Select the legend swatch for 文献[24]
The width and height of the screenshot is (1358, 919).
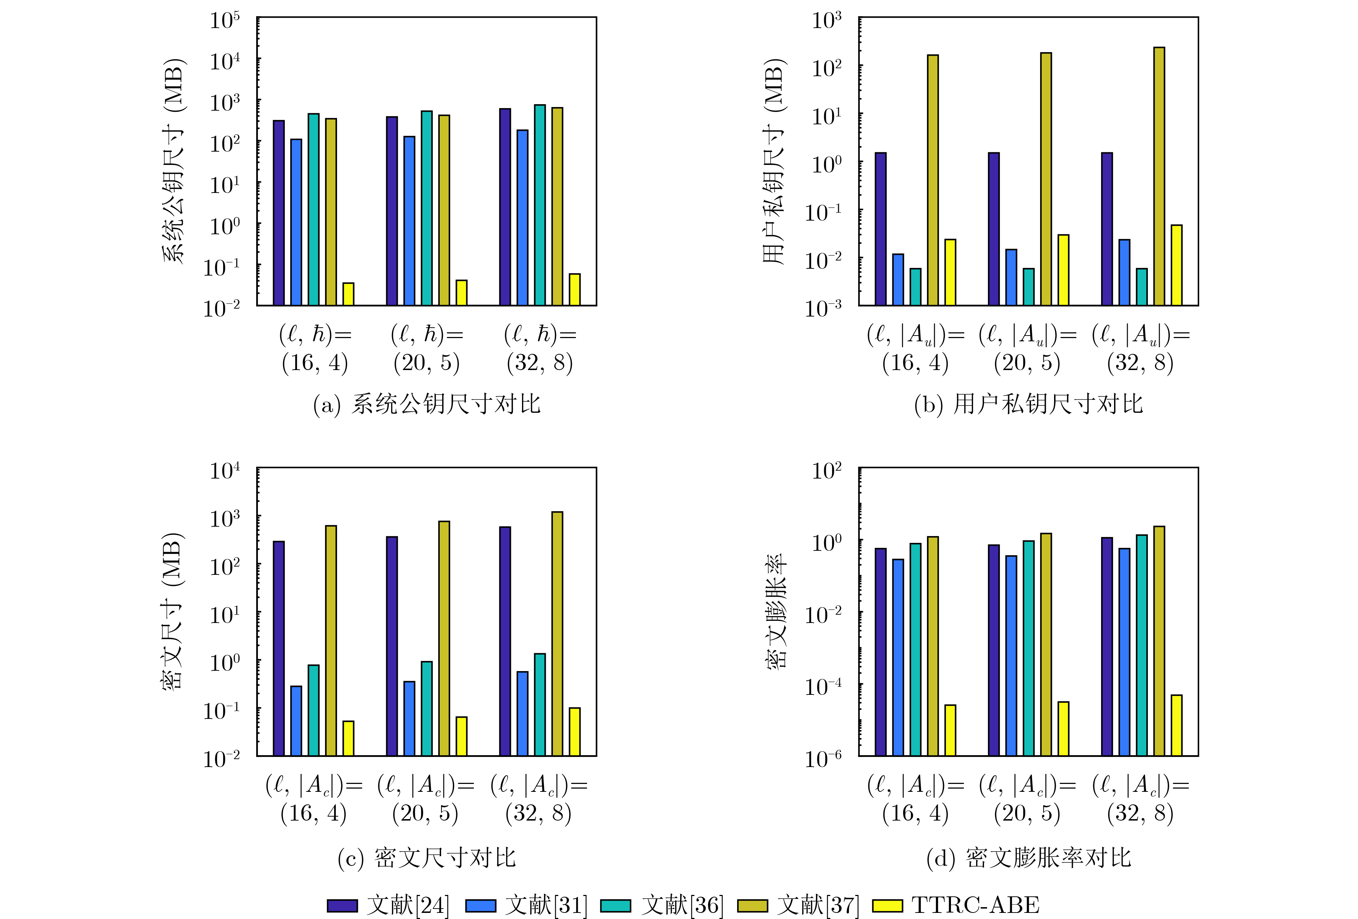pos(342,906)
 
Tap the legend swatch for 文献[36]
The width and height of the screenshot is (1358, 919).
pos(616,906)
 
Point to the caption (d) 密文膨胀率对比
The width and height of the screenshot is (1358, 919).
pos(1029,858)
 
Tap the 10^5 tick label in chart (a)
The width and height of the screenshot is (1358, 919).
pos(225,20)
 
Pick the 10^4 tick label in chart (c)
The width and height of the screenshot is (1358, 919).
pos(225,470)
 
